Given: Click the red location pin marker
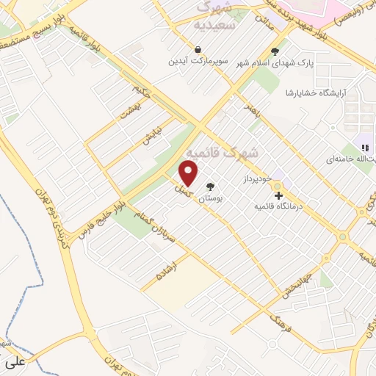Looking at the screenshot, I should coord(189,173).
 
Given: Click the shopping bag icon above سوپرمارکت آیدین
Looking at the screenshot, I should coord(200,50).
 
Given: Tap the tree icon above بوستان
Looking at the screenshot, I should coord(211,187).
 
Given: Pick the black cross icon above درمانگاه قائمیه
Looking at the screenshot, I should coord(278,195).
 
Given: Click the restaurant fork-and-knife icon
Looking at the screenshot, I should coord(365,148).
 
